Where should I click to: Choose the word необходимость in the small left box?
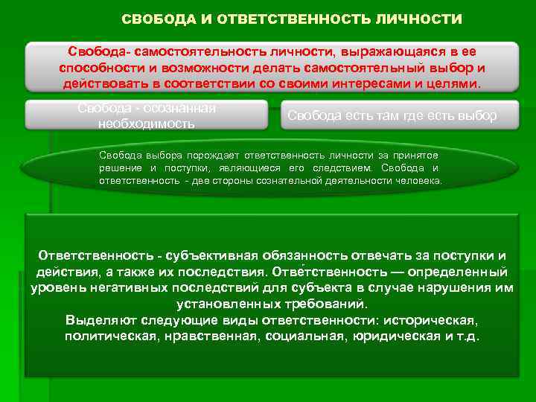coord(146,124)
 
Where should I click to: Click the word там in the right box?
coord(384,116)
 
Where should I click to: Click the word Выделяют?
coord(99,321)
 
